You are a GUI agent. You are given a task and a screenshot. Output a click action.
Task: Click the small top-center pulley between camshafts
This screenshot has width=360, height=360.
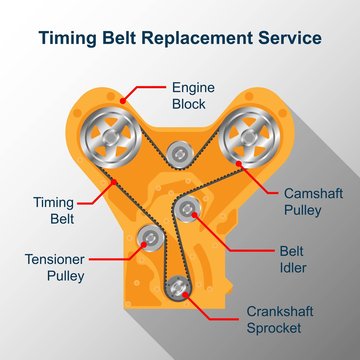[x=179, y=153]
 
